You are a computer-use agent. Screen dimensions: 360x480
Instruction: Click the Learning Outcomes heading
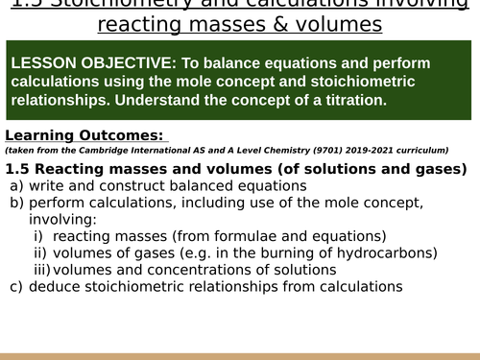coord(85,135)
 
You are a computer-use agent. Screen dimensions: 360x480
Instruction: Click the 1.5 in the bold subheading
coord(18,169)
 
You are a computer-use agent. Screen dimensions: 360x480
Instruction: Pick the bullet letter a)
coord(16,185)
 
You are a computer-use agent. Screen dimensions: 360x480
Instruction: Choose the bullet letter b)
coord(16,203)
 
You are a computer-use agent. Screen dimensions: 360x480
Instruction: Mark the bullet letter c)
coord(16,285)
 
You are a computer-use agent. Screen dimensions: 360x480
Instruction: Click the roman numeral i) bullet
coord(38,236)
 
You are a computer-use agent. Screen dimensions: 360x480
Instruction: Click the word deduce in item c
coord(55,285)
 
